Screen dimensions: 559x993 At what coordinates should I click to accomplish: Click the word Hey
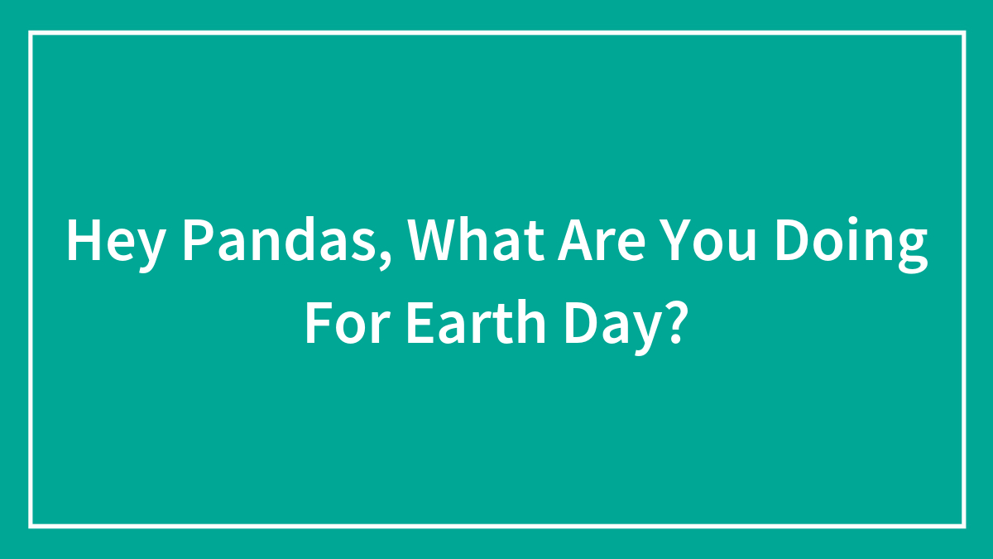[115, 243]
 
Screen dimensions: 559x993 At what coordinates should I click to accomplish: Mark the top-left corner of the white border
[31, 33]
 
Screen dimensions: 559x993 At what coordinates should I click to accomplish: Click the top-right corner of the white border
[964, 33]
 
